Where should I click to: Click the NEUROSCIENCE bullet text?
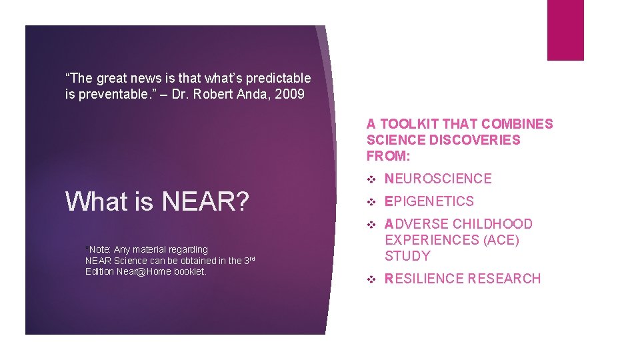pos(438,179)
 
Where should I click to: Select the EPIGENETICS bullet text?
pos(429,201)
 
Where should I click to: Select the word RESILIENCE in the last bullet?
pos(423,279)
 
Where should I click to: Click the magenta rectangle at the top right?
pos(565,29)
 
